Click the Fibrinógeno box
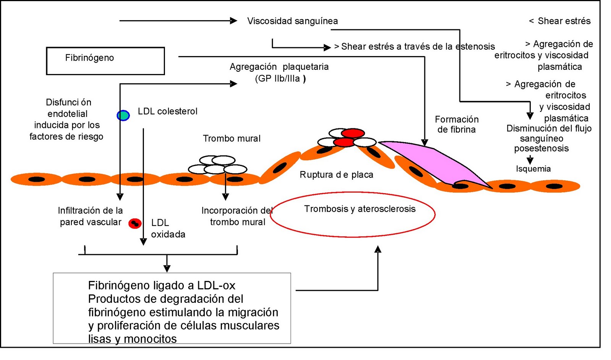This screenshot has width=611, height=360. point(105,61)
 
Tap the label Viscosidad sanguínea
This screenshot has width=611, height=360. point(292,21)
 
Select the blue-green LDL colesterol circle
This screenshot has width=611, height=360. point(123,115)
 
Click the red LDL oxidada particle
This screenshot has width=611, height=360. point(135,223)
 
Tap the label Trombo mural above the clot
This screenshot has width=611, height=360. point(231,138)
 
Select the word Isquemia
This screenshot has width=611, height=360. point(533,169)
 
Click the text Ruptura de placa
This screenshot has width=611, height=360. point(336,174)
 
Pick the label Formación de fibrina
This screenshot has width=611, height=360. point(456,124)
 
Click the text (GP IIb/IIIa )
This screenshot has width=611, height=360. point(280,79)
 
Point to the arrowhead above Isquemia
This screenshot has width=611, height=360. point(530,160)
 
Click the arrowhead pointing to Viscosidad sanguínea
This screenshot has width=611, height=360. point(233,21)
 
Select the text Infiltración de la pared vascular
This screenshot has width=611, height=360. point(90,216)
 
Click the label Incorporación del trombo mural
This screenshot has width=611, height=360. point(237,216)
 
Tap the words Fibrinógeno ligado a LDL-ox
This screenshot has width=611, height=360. point(162,285)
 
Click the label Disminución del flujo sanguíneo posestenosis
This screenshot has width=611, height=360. point(548,138)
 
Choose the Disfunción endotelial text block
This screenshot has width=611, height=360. point(67,119)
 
